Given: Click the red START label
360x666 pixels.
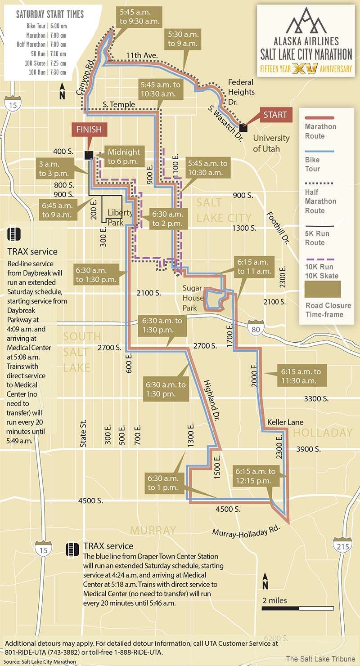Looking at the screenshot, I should (275, 115).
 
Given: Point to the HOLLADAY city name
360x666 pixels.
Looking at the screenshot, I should (323, 433).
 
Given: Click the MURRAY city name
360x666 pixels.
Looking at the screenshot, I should (153, 530).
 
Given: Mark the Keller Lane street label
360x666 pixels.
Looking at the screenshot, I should (285, 422).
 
